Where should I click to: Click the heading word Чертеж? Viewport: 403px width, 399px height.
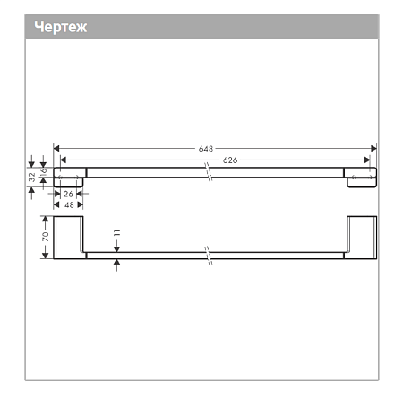click(x=60, y=27)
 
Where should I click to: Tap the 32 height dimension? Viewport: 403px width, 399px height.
click(x=32, y=178)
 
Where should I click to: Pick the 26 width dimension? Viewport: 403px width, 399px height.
click(x=68, y=194)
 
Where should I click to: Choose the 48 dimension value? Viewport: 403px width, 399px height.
click(x=68, y=204)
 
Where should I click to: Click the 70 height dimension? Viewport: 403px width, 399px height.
click(x=43, y=238)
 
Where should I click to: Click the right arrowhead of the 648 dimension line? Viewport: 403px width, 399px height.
click(x=373, y=148)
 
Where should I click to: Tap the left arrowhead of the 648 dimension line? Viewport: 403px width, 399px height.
click(x=57, y=148)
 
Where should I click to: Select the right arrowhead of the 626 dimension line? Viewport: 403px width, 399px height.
click(x=366, y=160)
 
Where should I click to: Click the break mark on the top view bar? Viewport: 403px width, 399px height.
click(x=208, y=171)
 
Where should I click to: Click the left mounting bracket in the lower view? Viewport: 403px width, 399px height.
click(x=69, y=238)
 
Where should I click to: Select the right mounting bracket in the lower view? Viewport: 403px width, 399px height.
click(x=362, y=238)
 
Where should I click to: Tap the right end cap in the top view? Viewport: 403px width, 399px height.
click(x=361, y=177)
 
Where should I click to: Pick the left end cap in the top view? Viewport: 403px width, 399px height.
click(x=69, y=177)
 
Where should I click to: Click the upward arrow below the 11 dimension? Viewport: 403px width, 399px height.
click(x=116, y=264)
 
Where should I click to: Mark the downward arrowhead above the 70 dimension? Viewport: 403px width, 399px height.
click(x=43, y=218)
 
